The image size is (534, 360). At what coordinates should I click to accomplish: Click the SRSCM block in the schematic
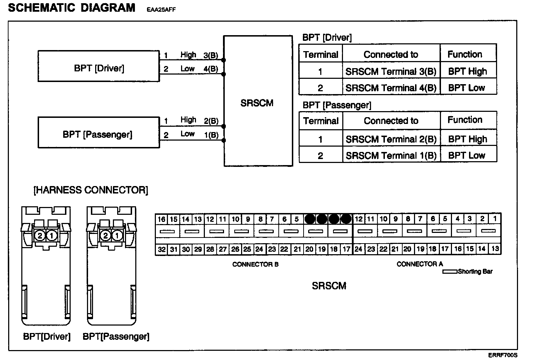tap(258, 103)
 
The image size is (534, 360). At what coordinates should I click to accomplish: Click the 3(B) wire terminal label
tap(211, 56)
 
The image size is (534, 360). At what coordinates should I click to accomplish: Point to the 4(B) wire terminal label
tap(211, 69)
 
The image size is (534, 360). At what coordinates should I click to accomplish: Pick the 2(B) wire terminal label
tap(211, 121)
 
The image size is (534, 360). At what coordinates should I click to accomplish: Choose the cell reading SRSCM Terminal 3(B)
tap(391, 71)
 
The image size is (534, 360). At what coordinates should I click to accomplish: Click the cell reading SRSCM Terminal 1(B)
tap(391, 156)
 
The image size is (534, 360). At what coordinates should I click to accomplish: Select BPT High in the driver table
tap(467, 71)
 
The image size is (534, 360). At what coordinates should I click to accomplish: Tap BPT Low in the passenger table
tap(467, 156)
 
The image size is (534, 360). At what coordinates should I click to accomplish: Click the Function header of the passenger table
tap(465, 120)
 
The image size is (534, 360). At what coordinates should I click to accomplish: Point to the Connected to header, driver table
tap(391, 55)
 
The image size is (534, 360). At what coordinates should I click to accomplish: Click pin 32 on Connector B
tap(162, 250)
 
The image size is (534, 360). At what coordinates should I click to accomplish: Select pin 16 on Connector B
tap(162, 219)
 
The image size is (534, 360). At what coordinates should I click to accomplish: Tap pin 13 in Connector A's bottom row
tap(495, 249)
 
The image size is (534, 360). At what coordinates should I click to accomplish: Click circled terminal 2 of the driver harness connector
tap(40, 235)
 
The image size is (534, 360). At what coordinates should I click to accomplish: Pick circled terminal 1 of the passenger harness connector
tap(118, 235)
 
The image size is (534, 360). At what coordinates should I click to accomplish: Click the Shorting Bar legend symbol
tap(449, 272)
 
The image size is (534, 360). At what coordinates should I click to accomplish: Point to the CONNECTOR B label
tap(255, 264)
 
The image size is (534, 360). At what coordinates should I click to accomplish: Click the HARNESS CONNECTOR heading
tap(91, 190)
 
